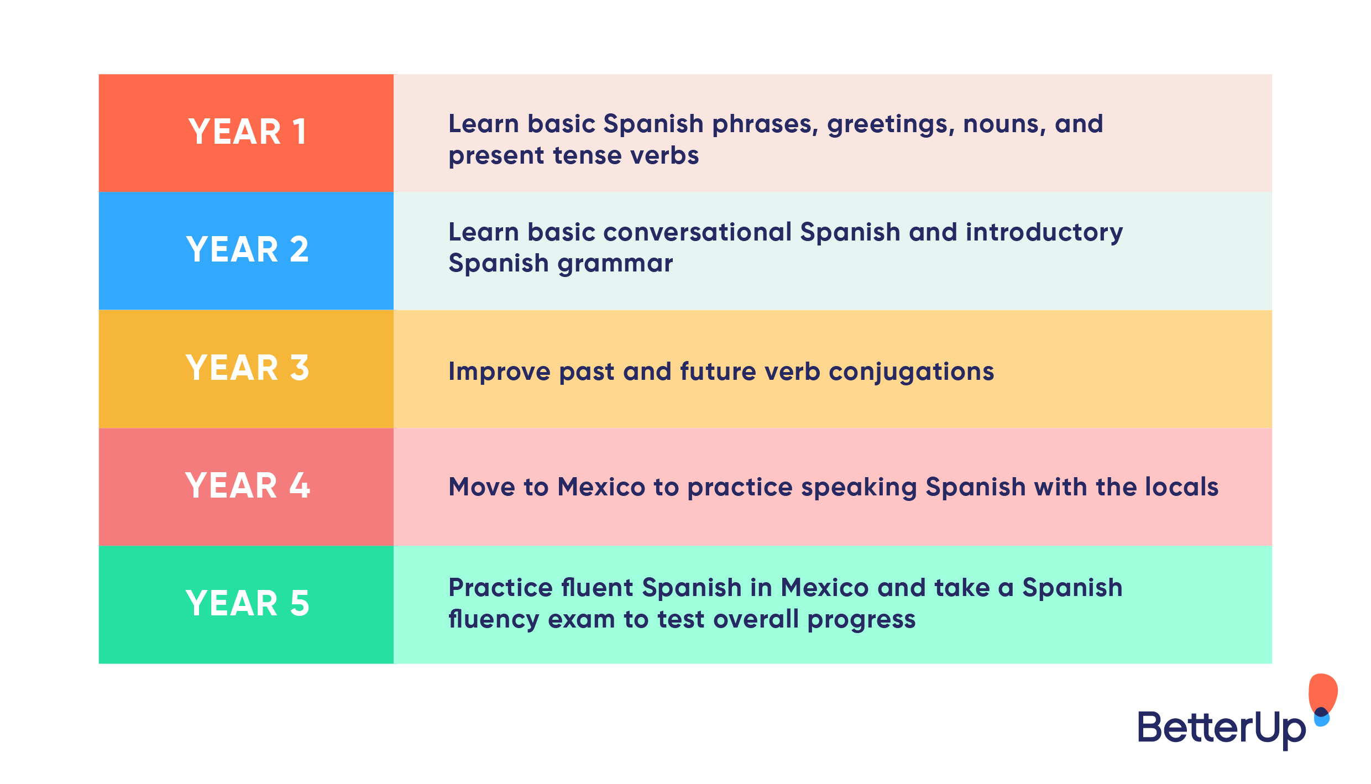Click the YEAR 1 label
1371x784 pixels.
(247, 132)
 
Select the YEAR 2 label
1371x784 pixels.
(247, 250)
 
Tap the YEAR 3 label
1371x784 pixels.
(247, 368)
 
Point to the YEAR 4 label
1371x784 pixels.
(247, 486)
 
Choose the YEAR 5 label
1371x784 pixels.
(247, 604)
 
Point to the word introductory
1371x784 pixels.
(1044, 232)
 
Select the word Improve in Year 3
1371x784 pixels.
(499, 372)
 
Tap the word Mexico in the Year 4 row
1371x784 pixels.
(601, 487)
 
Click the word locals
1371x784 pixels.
(1181, 487)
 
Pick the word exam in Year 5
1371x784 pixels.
(581, 619)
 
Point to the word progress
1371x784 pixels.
(861, 619)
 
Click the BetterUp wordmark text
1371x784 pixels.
(1221, 728)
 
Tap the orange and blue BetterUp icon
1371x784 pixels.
(1322, 699)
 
